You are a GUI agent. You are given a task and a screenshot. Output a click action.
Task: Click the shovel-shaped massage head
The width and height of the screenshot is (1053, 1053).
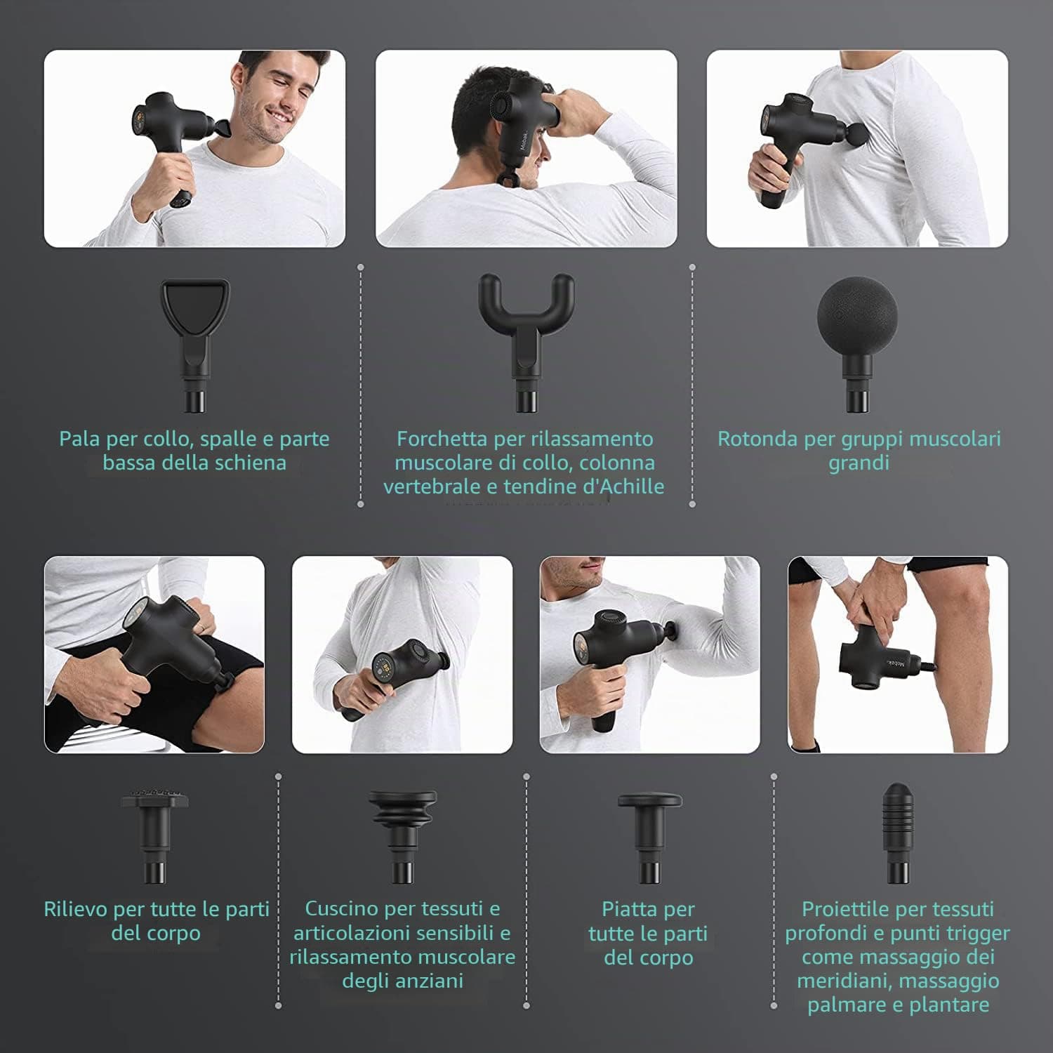click(195, 344)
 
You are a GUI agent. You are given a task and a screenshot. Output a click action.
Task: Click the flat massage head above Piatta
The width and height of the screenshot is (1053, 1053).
click(649, 835)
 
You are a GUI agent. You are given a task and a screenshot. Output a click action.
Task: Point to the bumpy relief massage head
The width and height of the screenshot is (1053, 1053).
click(156, 835)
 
